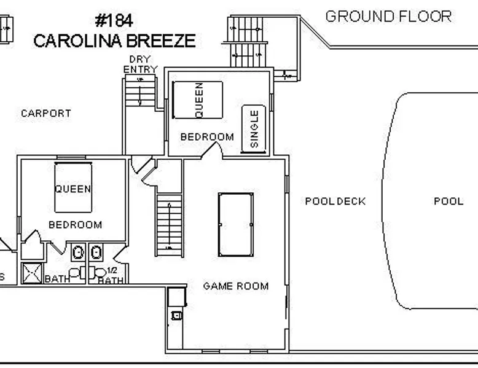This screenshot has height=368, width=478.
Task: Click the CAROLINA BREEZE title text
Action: tap(114, 41)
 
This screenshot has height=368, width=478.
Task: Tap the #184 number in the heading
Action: tap(114, 21)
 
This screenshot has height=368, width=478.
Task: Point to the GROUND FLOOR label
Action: tap(388, 17)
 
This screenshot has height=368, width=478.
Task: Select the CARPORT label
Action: tap(46, 114)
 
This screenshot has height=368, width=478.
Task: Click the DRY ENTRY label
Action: tap(140, 64)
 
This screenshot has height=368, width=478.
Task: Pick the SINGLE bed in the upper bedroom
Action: tap(254, 128)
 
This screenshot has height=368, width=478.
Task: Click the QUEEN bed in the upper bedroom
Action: tap(198, 100)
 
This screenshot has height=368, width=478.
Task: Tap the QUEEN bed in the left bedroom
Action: tap(73, 187)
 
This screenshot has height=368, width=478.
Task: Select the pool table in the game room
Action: tap(236, 225)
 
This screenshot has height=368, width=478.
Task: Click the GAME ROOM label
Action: tap(236, 286)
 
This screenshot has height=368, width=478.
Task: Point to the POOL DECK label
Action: tap(335, 202)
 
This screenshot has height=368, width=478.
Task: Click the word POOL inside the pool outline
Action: tap(449, 202)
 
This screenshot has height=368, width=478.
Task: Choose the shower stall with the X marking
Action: tap(32, 273)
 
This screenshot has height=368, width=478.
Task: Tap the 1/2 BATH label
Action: tap(111, 276)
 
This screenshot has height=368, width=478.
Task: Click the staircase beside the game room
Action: tap(170, 225)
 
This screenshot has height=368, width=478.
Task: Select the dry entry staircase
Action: tap(140, 92)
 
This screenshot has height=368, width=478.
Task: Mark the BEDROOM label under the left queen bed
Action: tap(76, 225)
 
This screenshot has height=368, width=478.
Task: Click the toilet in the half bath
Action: tap(97, 272)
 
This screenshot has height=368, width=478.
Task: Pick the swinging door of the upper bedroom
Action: tap(211, 150)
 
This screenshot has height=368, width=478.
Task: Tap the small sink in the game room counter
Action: tap(176, 315)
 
